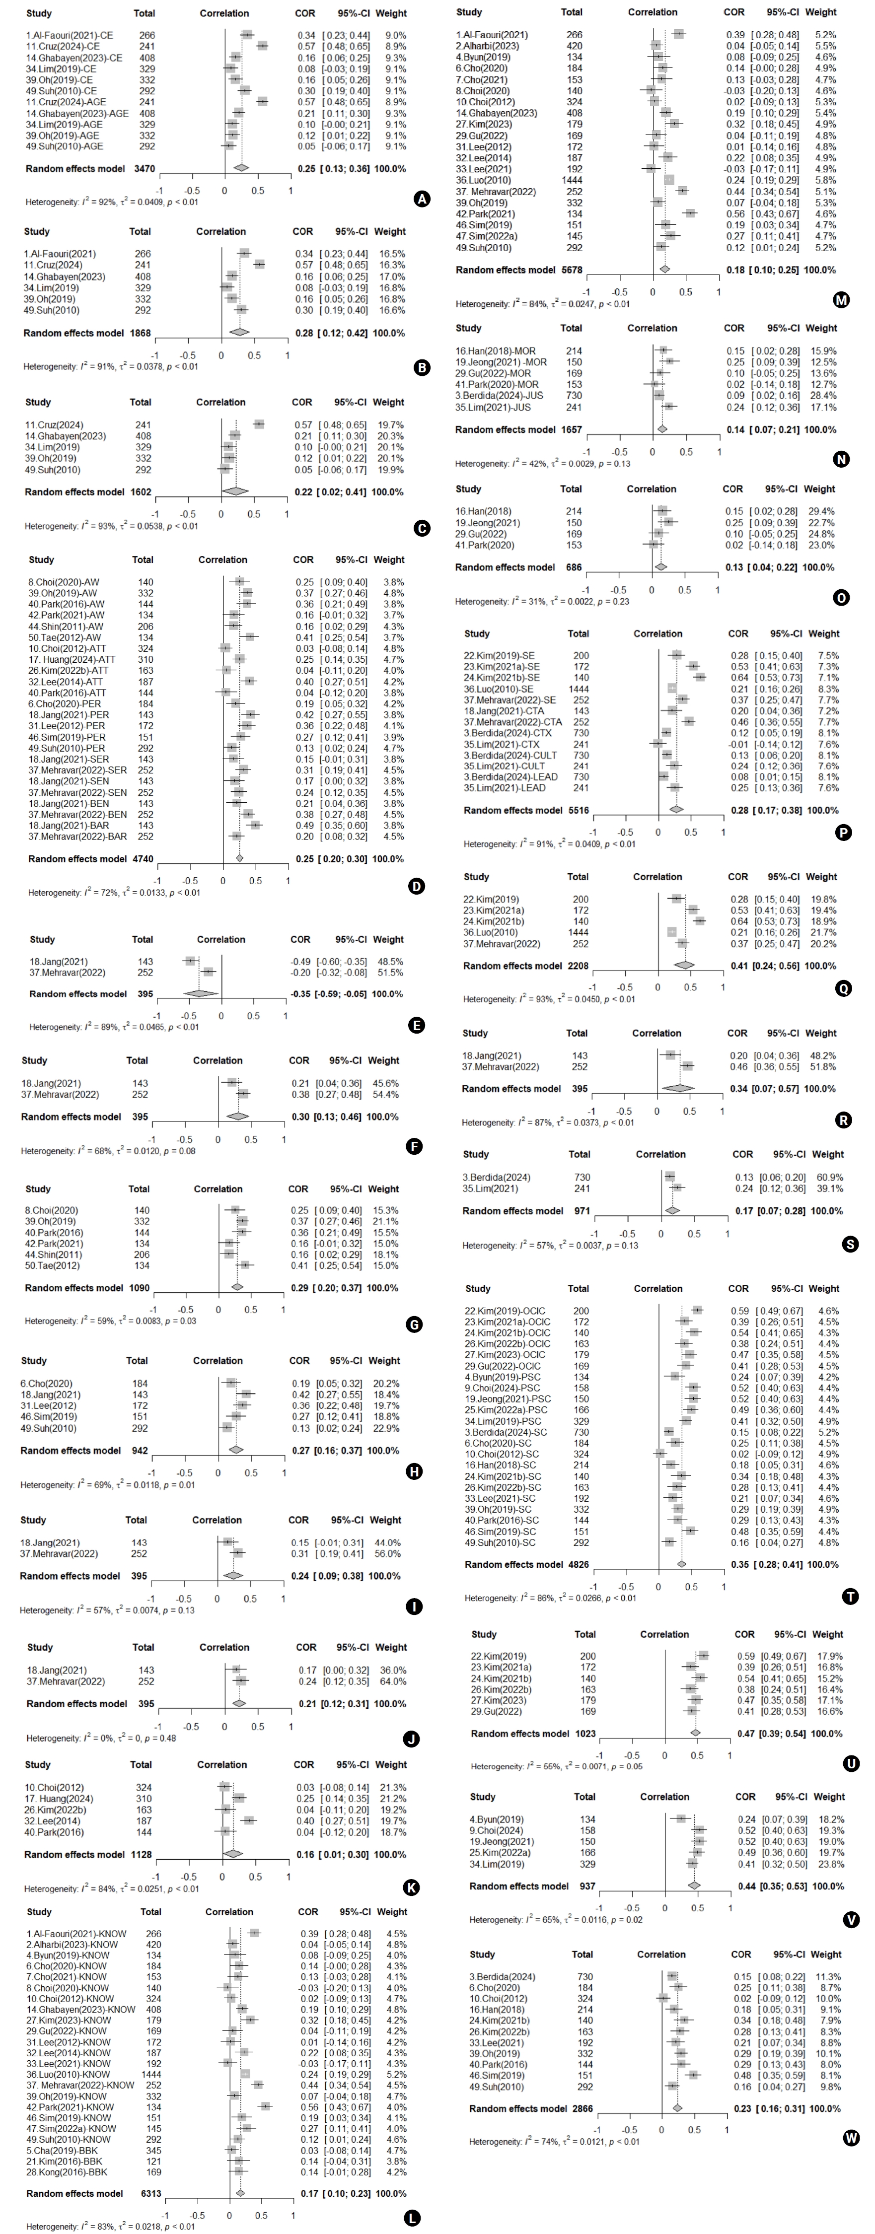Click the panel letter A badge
tap(422, 200)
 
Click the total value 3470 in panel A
tap(145, 168)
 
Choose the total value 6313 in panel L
tap(151, 2193)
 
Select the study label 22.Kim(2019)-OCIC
tap(508, 1311)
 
